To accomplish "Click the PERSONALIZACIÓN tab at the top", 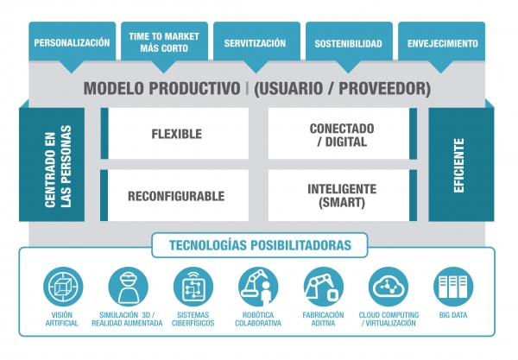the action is (x=72, y=42).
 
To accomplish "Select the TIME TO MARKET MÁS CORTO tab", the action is (x=164, y=42).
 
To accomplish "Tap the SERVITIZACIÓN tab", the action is (x=256, y=43).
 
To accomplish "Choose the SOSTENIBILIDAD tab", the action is (x=349, y=43).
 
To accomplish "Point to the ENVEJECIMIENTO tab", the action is (x=442, y=43).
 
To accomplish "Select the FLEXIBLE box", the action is (x=174, y=134).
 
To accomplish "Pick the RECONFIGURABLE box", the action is (x=174, y=195).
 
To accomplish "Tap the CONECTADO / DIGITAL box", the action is (x=342, y=134).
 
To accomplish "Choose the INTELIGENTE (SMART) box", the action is (x=342, y=195).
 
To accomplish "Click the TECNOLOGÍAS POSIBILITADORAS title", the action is (x=260, y=245).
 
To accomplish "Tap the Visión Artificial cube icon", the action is (x=63, y=287).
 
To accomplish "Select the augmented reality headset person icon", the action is (x=128, y=287).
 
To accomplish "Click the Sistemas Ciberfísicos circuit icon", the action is (x=193, y=287).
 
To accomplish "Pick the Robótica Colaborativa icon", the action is (x=258, y=287).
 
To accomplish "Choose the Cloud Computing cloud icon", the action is (x=388, y=287).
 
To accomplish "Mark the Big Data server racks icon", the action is (x=453, y=287).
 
